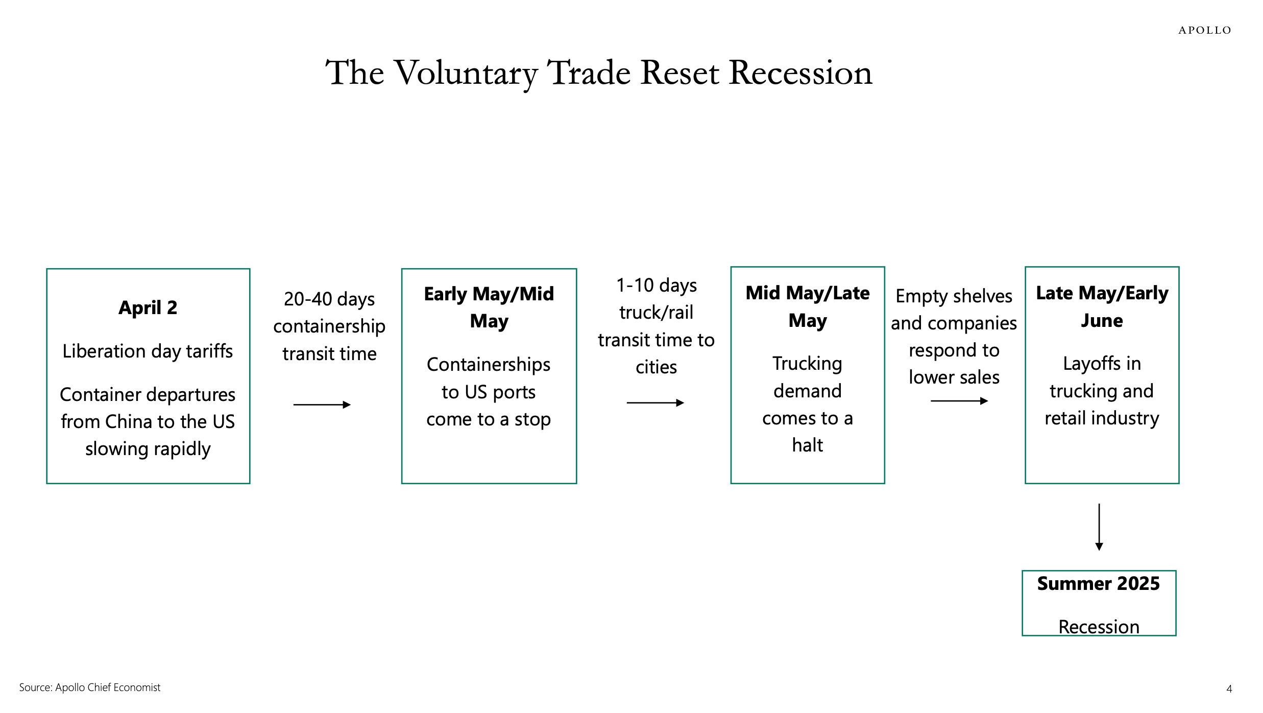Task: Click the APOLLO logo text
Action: [1204, 30]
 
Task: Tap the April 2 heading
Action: [148, 307]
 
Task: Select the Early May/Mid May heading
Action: [489, 307]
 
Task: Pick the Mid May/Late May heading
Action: [807, 306]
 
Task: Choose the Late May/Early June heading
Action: [1102, 306]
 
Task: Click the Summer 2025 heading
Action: [1098, 583]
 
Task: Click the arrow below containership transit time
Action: [322, 405]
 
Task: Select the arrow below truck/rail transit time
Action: [655, 402]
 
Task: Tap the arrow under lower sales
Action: [959, 401]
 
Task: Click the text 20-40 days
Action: [329, 299]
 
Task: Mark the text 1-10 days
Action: [656, 285]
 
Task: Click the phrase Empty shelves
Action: [954, 296]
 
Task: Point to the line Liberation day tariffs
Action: [148, 351]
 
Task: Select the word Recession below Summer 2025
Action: [1099, 627]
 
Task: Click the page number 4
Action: [1229, 688]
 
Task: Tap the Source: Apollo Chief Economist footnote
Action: [90, 687]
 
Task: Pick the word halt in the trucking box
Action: [807, 445]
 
